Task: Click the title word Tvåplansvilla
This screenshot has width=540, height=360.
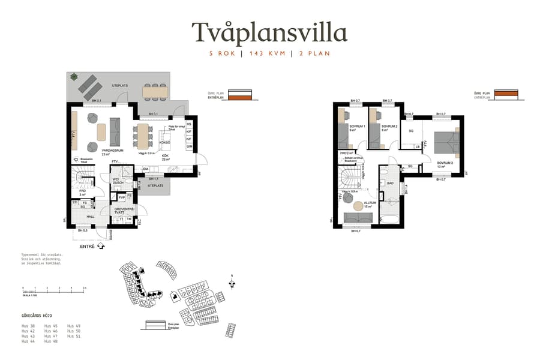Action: (x=269, y=31)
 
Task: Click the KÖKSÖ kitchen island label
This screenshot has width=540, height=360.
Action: (x=166, y=143)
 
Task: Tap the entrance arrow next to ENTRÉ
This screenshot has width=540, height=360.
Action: (x=100, y=246)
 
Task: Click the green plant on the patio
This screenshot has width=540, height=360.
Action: (x=74, y=76)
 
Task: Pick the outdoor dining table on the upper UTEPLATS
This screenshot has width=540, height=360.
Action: (x=155, y=91)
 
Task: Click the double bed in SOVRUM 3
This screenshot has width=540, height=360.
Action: (x=446, y=142)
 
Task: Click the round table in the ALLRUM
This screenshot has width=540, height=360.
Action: (x=359, y=206)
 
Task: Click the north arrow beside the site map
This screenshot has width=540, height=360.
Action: (x=231, y=278)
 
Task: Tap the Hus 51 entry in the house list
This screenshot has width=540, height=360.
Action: (x=74, y=336)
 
